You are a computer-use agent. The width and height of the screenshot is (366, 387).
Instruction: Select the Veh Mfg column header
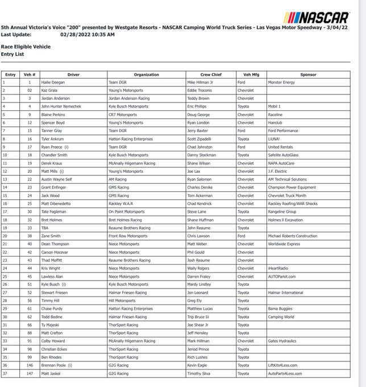251,75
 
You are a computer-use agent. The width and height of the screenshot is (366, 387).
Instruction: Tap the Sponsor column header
308,75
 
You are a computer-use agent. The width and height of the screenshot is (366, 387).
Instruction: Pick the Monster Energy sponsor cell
281,83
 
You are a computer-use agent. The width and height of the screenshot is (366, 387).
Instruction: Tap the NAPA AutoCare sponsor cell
281,163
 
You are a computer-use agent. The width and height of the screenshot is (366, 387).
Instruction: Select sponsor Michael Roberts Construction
292,236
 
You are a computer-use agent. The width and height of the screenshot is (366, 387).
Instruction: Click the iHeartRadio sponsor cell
278,268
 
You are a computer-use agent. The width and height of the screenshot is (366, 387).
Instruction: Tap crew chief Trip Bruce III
199,316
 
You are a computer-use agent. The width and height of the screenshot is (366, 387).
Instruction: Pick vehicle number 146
30,365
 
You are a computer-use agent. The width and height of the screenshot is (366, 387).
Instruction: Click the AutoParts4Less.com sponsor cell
286,373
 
